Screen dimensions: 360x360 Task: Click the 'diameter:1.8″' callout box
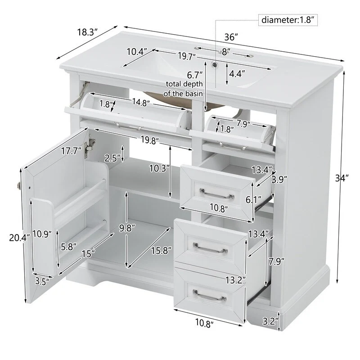click(x=288, y=20)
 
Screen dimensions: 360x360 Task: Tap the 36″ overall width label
click(x=231, y=37)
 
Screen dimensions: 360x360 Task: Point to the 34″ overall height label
click(x=342, y=178)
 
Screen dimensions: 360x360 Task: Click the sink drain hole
click(x=215, y=64)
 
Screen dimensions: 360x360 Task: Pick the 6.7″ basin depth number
click(x=195, y=75)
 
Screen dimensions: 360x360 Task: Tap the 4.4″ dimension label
click(x=237, y=74)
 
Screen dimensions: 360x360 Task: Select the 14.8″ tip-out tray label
click(x=141, y=102)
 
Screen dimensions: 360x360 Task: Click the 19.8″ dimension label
click(x=150, y=140)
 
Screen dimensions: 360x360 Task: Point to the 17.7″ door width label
click(x=72, y=151)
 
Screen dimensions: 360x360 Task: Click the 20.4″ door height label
click(x=19, y=238)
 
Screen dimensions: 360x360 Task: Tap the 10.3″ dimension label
click(x=159, y=168)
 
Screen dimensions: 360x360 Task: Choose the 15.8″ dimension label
click(x=162, y=250)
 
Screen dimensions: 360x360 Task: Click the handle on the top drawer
click(x=217, y=194)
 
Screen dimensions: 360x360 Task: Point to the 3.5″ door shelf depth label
click(x=42, y=281)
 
